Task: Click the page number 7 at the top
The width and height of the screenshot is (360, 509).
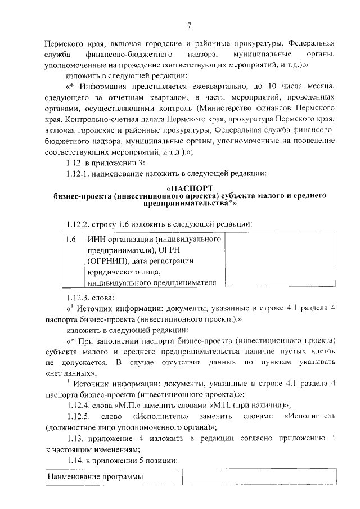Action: coord(190,25)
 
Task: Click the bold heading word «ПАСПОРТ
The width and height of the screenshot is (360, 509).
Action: coord(191,188)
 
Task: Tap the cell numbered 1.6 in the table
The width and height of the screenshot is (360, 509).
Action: coord(71,240)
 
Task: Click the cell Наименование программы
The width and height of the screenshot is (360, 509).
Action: coord(96,477)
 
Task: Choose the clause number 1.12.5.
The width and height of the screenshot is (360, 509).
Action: coord(79,417)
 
